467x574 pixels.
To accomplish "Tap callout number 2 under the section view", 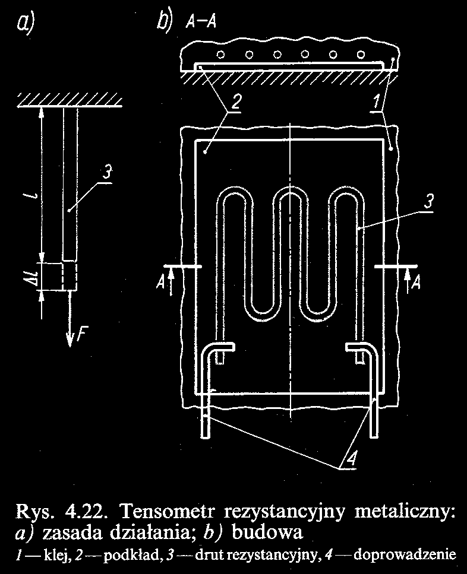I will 236,102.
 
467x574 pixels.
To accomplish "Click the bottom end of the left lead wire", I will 205,435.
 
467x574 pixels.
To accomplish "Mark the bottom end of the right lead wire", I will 375,435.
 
